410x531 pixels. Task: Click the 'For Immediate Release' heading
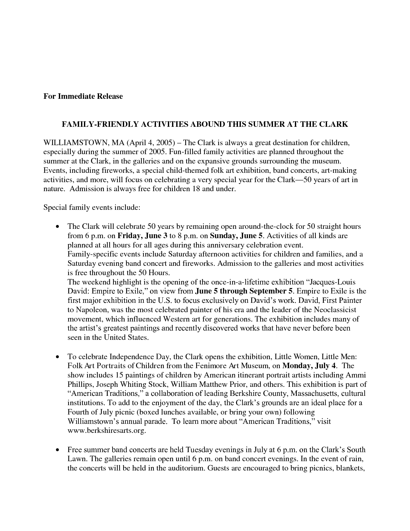click(83, 96)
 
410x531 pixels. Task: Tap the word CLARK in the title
click(334, 124)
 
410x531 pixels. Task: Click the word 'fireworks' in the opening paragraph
click(118, 170)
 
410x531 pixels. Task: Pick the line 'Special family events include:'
click(92, 207)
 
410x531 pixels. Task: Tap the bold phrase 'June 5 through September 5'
click(244, 291)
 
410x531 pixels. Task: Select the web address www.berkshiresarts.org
click(106, 431)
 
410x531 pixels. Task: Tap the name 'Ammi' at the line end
click(357, 375)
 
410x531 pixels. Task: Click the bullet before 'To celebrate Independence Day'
click(57, 357)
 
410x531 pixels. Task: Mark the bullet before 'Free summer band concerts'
click(57, 450)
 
